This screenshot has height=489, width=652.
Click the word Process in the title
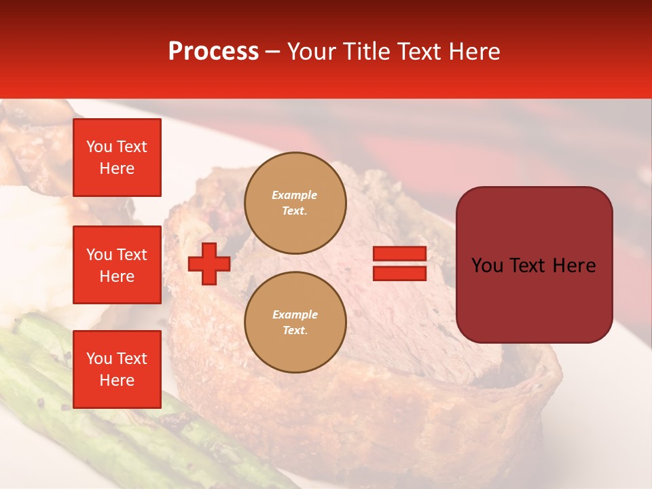pyautogui.click(x=213, y=52)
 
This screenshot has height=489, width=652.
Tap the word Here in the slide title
pyautogui.click(x=473, y=52)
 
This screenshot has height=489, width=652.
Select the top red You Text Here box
pyautogui.click(x=117, y=158)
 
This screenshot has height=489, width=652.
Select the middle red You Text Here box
pyautogui.click(x=117, y=265)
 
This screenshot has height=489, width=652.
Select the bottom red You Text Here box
pyautogui.click(x=117, y=369)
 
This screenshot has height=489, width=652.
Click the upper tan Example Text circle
pyautogui.click(x=295, y=203)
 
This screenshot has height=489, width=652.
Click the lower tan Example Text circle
pyautogui.click(x=295, y=323)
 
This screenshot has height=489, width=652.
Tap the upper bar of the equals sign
pyautogui.click(x=399, y=254)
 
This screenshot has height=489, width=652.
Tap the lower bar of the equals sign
pyautogui.click(x=399, y=274)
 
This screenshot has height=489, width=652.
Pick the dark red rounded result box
pyautogui.click(x=534, y=299)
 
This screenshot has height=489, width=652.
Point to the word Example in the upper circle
pyautogui.click(x=295, y=195)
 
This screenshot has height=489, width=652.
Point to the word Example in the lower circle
pyautogui.click(x=295, y=314)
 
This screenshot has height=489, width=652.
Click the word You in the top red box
pyautogui.click(x=99, y=147)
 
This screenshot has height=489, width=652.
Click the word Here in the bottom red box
pyautogui.click(x=117, y=380)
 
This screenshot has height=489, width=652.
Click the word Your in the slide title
pyautogui.click(x=312, y=52)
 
